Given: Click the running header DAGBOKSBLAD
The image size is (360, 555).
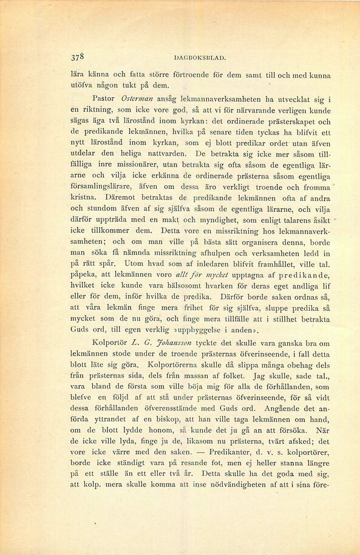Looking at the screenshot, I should point(200,59).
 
